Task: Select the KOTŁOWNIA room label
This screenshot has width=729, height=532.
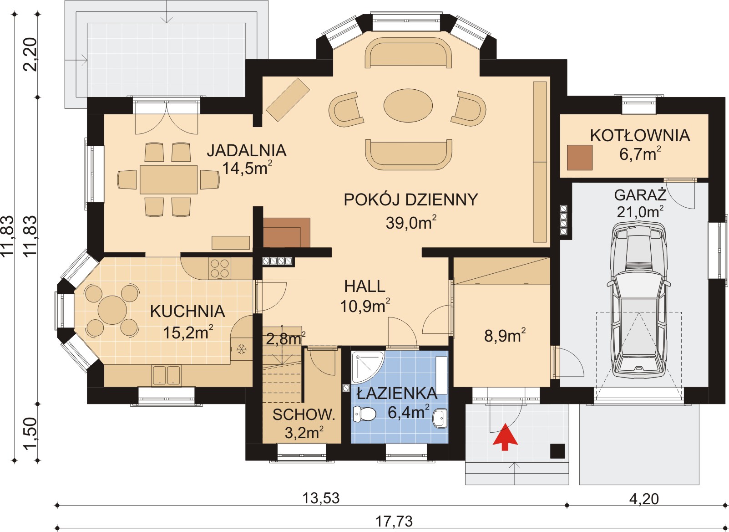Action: click(640, 136)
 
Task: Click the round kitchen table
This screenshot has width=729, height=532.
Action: click(112, 310)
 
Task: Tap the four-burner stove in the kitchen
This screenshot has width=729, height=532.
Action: click(219, 268)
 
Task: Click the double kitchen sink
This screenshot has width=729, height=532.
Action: click(166, 376)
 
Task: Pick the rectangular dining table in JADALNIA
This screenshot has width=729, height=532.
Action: click(168, 179)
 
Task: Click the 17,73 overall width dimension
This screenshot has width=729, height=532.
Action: click(394, 521)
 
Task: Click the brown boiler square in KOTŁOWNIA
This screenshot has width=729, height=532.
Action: click(580, 158)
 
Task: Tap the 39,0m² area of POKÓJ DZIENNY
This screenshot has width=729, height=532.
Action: click(411, 222)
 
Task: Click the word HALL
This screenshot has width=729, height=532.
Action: click(364, 286)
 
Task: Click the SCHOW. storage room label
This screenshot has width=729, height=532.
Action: click(304, 415)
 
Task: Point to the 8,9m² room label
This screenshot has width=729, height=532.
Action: click(505, 335)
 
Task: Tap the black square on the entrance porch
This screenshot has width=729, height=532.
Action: click(557, 451)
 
